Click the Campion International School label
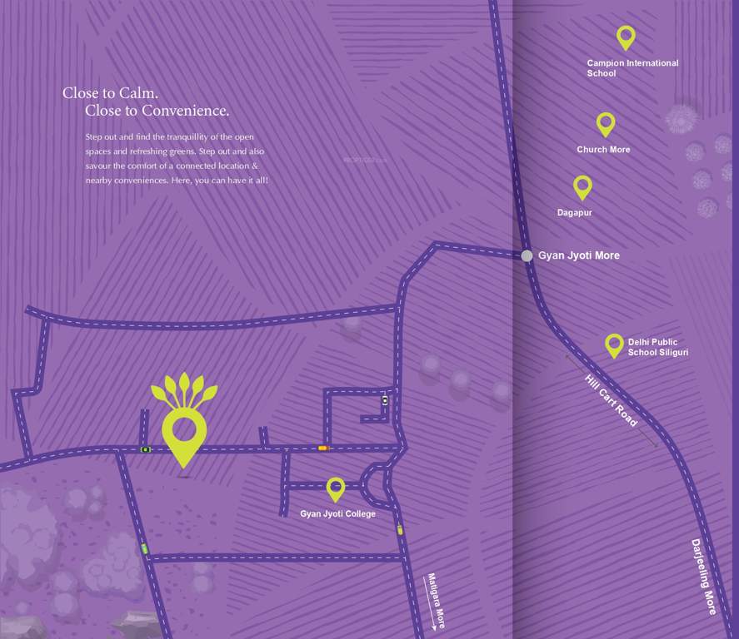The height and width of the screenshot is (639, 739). pos(632,68)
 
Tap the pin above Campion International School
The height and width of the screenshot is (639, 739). pos(626,37)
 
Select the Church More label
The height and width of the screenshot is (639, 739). pos(603,150)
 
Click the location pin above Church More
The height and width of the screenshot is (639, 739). pos(606,124)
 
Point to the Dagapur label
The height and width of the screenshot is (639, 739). pos(574,213)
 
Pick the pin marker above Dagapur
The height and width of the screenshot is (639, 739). pos(582,186)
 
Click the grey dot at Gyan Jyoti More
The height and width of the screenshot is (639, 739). pos(527,256)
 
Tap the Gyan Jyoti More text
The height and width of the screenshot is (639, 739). pos(578,255)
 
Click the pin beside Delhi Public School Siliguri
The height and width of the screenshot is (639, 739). pos(614,344)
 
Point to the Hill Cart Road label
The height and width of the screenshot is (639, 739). pos(611,400)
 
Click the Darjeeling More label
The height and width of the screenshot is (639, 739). pos(703,577)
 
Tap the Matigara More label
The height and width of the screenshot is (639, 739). pos(435,601)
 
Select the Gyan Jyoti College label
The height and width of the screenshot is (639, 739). pos(337,514)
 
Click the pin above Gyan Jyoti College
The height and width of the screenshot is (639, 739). pos(336,488)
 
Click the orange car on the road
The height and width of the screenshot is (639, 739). pos(322,448)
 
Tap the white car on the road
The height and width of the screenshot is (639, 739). pos(384,400)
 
